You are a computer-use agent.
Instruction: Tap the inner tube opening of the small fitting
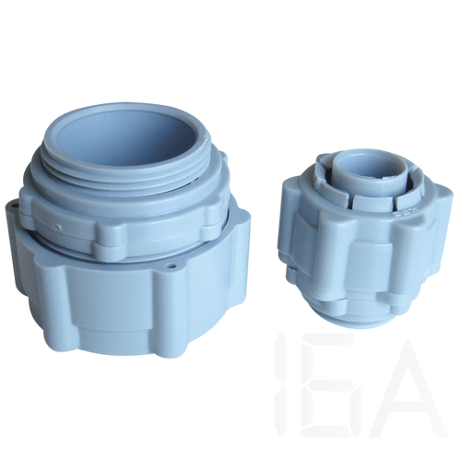360,168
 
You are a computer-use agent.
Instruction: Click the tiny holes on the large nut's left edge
14,206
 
